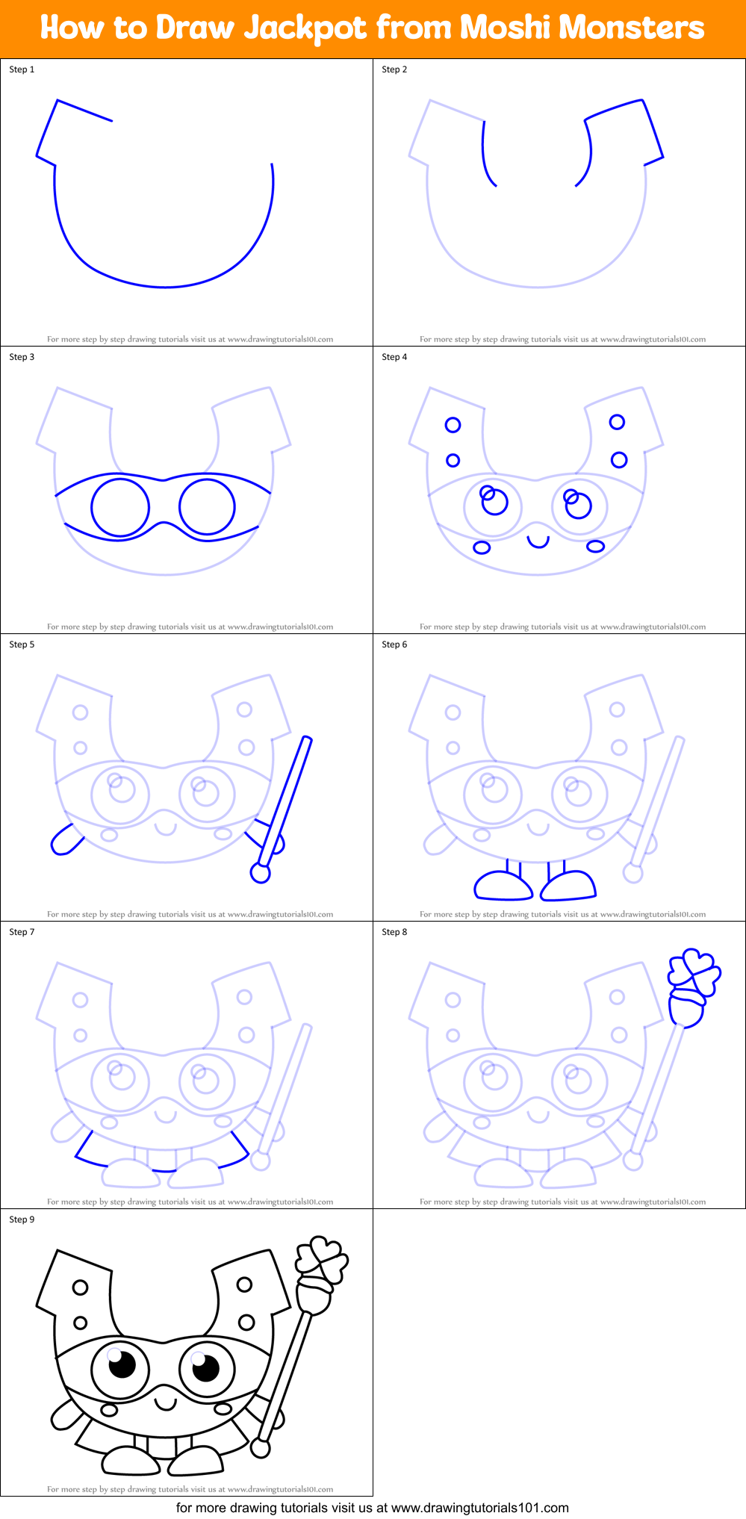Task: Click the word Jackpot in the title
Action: tap(306, 28)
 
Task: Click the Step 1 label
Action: tap(22, 69)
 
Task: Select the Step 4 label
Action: tap(394, 357)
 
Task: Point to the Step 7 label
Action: tap(22, 932)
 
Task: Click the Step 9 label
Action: tap(22, 1220)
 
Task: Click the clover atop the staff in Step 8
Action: tap(694, 971)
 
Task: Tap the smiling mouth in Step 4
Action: tap(538, 541)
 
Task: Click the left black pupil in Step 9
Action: tap(122, 1365)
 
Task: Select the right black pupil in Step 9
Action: tap(205, 1367)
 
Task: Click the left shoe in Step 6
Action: tap(503, 886)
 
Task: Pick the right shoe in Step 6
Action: tap(569, 885)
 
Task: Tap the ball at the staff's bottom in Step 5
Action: tap(260, 873)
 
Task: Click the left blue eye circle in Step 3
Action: tap(120, 507)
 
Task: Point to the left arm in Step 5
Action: tap(66, 839)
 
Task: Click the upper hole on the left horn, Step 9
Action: tap(80, 1287)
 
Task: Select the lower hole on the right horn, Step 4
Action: tap(619, 459)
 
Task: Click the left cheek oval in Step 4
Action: tap(482, 547)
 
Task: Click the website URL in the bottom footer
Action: tap(479, 1507)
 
